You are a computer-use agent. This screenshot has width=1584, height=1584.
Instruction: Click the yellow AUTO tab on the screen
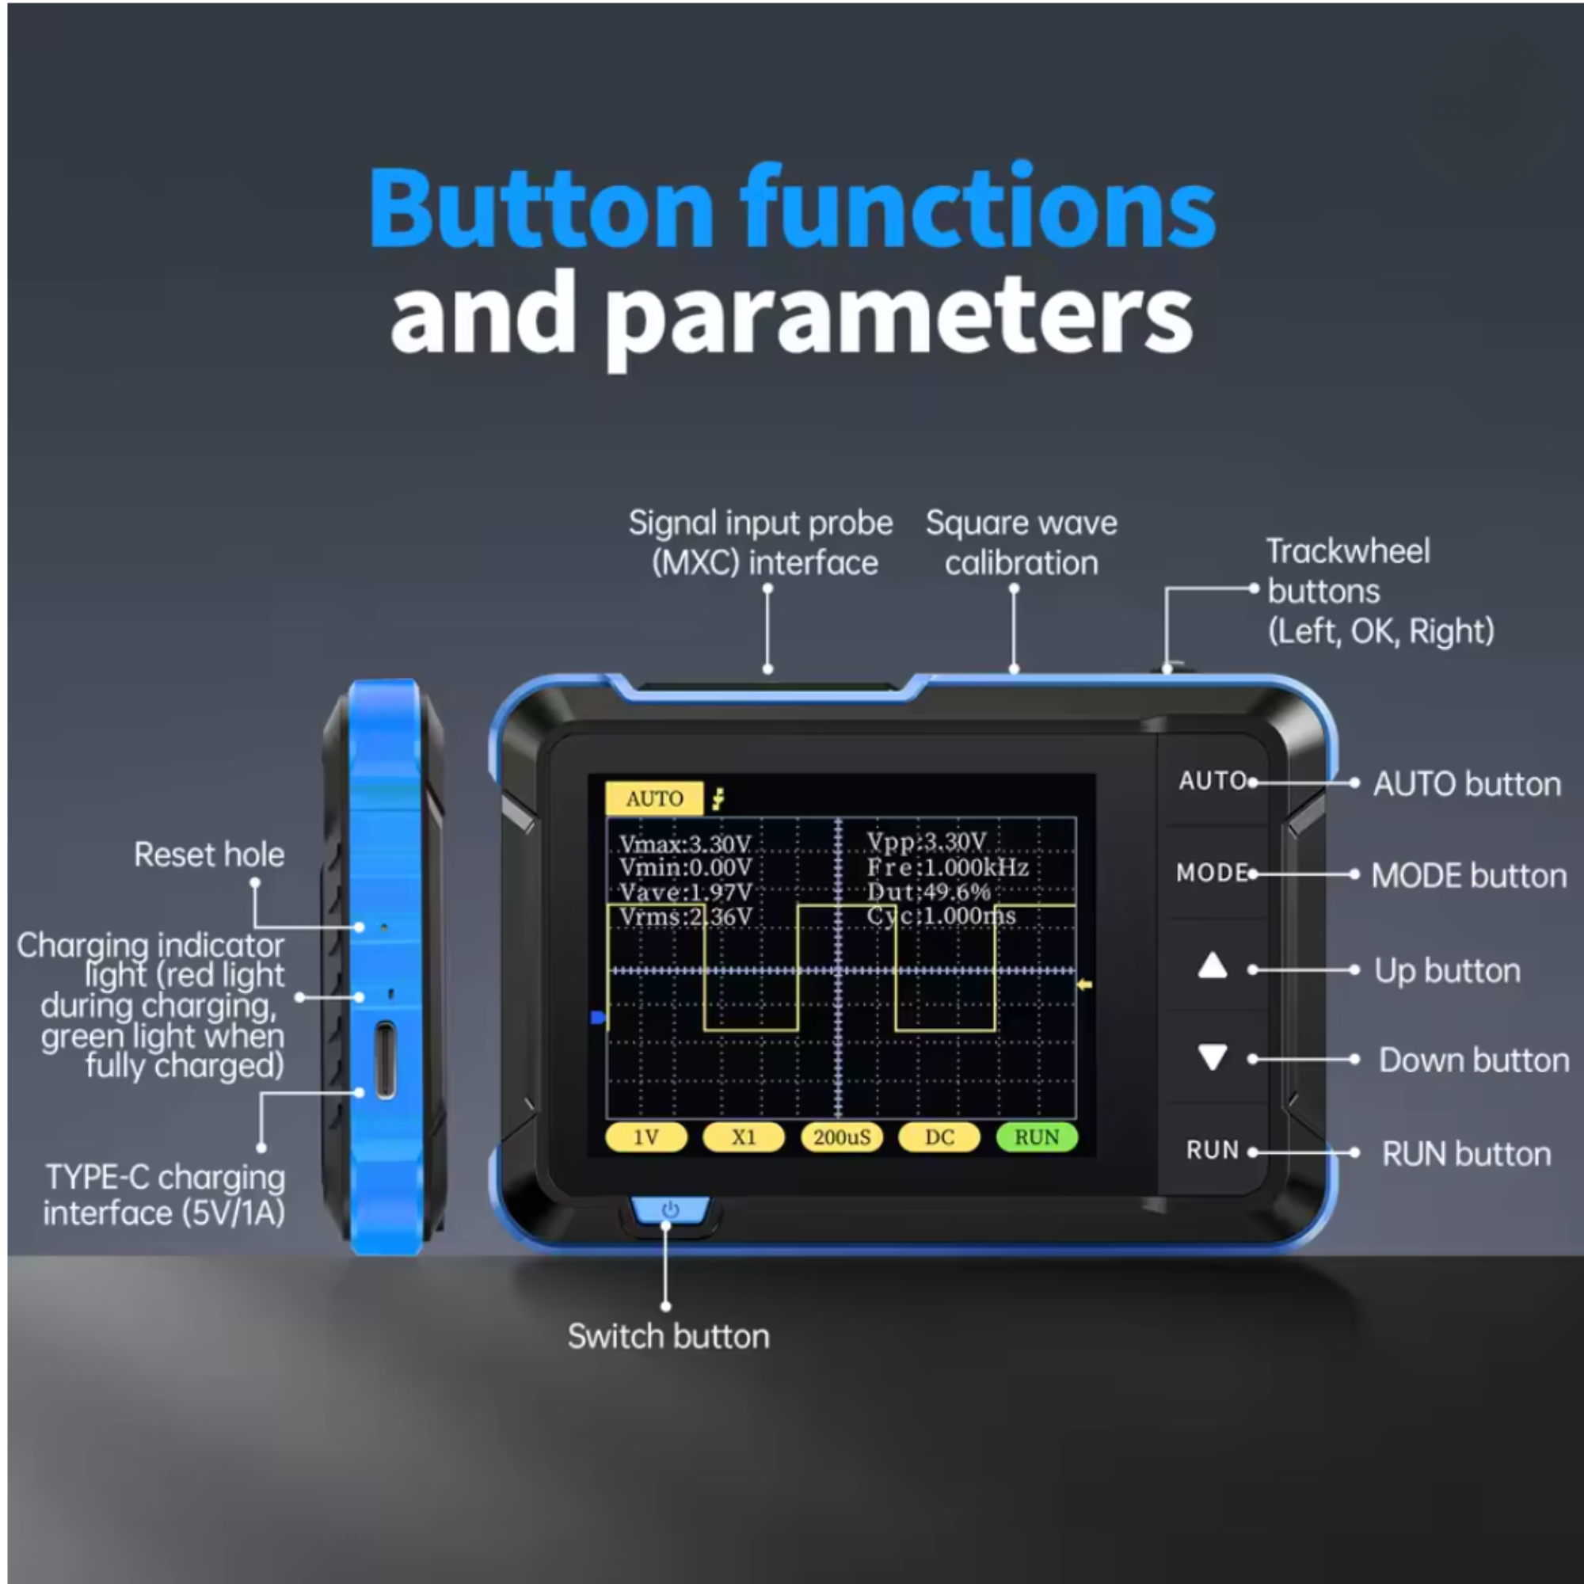click(x=653, y=798)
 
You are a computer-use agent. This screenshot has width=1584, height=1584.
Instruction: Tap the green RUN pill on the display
click(x=1036, y=1137)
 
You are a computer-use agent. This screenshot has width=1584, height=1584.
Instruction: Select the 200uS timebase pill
click(x=841, y=1137)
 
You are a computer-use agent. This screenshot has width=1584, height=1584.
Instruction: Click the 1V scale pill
click(x=646, y=1137)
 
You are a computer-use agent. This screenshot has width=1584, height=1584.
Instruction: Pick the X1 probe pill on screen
click(x=744, y=1137)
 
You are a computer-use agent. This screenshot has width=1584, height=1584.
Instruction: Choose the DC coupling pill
click(x=939, y=1137)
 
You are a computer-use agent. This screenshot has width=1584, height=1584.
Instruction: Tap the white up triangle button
click(x=1212, y=968)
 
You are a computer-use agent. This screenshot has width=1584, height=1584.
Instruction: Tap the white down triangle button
click(x=1212, y=1056)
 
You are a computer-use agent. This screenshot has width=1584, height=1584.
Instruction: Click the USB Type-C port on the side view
click(x=385, y=1059)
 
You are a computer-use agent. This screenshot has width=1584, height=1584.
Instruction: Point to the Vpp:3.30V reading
click(x=927, y=842)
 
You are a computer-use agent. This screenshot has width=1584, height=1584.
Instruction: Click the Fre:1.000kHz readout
click(x=947, y=867)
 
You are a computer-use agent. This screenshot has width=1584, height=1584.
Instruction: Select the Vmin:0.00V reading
click(x=685, y=867)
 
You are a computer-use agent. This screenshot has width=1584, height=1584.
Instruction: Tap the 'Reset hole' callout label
click(x=209, y=855)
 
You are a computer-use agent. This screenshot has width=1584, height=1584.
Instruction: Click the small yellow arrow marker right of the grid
click(x=1085, y=984)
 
